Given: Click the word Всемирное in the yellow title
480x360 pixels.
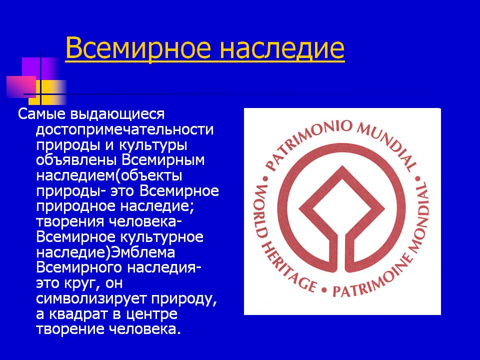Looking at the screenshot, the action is [x=138, y=48].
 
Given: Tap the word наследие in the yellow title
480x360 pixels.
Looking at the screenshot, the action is [x=282, y=48].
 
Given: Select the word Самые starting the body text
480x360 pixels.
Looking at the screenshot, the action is [x=41, y=114].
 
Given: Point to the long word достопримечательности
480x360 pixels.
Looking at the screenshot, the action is [x=124, y=130].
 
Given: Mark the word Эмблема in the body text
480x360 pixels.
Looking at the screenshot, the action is [x=142, y=252].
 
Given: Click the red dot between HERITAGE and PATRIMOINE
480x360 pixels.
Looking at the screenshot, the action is [x=324, y=289].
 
